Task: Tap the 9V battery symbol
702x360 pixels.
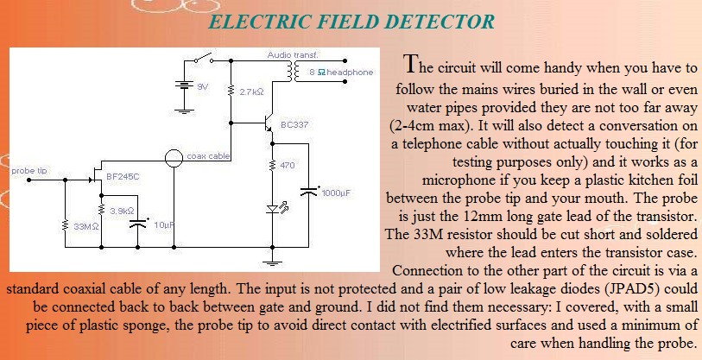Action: [x=184, y=85]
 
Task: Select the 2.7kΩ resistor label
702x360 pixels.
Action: [x=251, y=92]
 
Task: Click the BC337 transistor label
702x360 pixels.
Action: [x=294, y=124]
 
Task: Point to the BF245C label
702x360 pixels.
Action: [x=123, y=177]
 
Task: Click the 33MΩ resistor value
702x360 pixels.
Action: [x=86, y=226]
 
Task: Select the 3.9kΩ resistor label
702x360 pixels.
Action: [x=123, y=211]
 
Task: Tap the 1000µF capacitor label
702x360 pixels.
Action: [x=336, y=193]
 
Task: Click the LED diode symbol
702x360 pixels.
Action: [x=274, y=208]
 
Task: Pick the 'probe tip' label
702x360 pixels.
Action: [x=29, y=171]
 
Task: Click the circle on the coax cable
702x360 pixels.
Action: [x=174, y=158]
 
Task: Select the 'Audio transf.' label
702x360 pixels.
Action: [x=293, y=55]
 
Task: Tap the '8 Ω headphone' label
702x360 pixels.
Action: [x=341, y=73]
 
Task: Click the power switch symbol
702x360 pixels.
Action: [x=204, y=58]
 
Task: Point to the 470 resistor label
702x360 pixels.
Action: [x=288, y=165]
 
